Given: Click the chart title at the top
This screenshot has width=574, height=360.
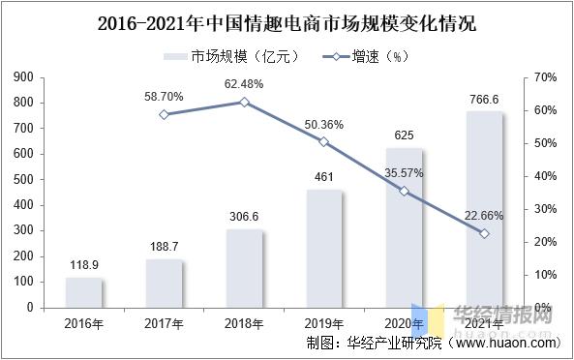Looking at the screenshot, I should [x=287, y=20].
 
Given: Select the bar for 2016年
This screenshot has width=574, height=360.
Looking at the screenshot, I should [x=85, y=292].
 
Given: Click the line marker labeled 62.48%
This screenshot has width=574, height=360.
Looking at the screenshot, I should [x=244, y=102].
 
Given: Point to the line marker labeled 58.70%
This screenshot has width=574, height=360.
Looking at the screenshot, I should [x=165, y=114].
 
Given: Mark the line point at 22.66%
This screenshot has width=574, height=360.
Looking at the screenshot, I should [x=484, y=233].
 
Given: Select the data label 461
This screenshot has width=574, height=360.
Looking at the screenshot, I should [x=324, y=176].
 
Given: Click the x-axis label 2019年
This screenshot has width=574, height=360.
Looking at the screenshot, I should [x=324, y=322].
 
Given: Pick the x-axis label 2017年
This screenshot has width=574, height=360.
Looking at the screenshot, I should [x=165, y=322].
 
